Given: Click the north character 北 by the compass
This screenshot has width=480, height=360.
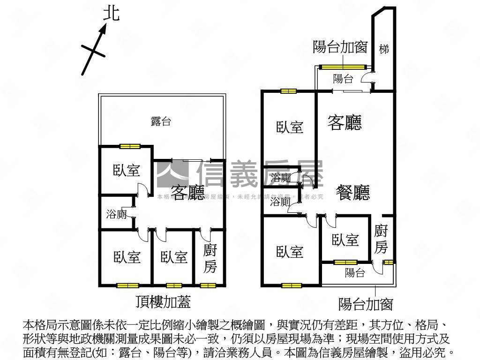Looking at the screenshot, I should [111, 13].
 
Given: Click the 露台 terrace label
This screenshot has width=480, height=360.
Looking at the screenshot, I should [161, 122].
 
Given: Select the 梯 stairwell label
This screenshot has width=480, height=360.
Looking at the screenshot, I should [384, 48].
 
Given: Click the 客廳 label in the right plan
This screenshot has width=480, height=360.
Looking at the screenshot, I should [345, 123].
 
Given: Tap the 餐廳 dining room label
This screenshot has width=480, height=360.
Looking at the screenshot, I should [353, 192].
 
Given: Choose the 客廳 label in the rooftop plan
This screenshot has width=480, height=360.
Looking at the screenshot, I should [187, 192].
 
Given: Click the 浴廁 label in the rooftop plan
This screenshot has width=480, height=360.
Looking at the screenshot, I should [116, 215].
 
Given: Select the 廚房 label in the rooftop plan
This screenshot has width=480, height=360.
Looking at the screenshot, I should [210, 259].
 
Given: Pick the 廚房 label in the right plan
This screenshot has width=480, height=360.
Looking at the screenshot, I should [381, 239].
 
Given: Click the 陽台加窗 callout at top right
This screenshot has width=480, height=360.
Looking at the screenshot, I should [340, 47].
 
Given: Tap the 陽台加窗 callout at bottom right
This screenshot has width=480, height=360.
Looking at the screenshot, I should [366, 305].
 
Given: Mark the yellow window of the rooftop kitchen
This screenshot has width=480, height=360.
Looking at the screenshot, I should [208, 285].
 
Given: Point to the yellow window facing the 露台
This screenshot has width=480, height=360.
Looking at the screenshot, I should [127, 147].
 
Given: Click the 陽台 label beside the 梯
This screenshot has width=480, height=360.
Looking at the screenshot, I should [343, 79].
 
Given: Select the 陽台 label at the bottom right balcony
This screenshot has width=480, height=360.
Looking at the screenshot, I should [355, 273].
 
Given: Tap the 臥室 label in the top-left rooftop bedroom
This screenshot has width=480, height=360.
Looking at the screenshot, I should [127, 170].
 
